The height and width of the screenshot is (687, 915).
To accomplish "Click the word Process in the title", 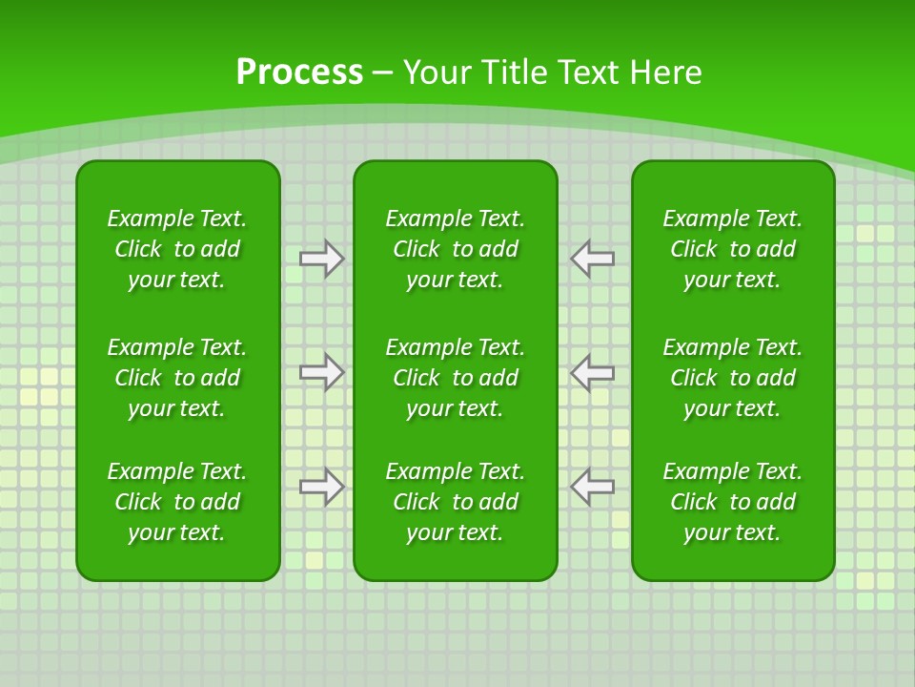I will click(x=299, y=73).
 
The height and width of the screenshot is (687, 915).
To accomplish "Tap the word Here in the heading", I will click(x=667, y=73).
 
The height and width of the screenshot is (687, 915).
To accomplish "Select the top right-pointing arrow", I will click(x=321, y=259).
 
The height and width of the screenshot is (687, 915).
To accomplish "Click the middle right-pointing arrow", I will click(x=321, y=372).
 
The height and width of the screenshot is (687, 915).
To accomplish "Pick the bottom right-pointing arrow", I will click(x=321, y=487).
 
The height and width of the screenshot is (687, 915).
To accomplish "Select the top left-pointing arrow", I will click(x=592, y=259).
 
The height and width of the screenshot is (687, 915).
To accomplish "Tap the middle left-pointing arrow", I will click(x=592, y=372).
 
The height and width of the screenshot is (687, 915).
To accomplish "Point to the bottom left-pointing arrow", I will click(x=592, y=487).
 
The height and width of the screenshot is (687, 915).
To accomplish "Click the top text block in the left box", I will click(x=177, y=249).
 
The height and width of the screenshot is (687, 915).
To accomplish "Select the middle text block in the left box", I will click(x=177, y=378).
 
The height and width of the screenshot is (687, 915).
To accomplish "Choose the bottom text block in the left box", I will click(x=177, y=502).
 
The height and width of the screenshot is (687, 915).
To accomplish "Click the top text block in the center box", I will click(x=455, y=249).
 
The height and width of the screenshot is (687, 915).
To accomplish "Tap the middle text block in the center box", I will click(x=455, y=378).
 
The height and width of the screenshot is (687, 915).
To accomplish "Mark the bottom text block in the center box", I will click(x=455, y=502).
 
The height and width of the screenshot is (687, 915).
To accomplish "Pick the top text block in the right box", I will click(x=732, y=249).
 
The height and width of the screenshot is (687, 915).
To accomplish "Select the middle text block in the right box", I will click(x=732, y=378).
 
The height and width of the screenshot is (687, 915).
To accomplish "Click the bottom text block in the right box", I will click(x=732, y=502).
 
